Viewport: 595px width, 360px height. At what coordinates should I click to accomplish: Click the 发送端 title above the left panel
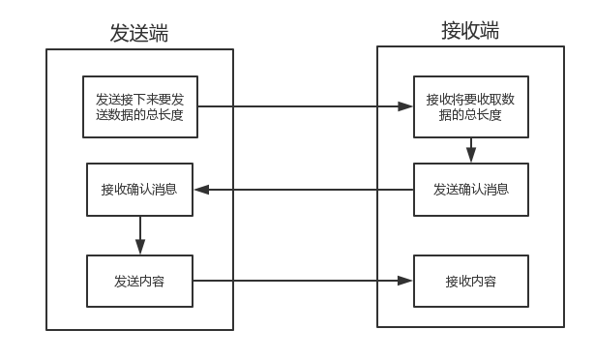(x=139, y=34)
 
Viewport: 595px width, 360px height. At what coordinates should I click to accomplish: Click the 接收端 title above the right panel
(x=470, y=30)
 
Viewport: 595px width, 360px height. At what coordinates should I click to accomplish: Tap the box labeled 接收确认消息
(x=139, y=190)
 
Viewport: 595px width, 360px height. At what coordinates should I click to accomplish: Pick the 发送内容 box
(x=139, y=282)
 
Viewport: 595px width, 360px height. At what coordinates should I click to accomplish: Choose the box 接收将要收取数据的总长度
(x=471, y=106)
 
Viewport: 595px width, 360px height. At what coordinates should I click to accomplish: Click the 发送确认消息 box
(x=471, y=190)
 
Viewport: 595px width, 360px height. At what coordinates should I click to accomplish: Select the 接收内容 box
(x=471, y=282)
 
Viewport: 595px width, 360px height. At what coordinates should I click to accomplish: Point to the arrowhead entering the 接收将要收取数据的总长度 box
(x=406, y=106)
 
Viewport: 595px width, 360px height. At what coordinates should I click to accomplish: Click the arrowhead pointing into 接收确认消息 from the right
(x=200, y=190)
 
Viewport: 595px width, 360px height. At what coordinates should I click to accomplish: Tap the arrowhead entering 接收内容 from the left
(x=406, y=282)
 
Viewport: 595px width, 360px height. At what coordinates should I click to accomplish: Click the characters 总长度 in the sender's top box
(x=179, y=115)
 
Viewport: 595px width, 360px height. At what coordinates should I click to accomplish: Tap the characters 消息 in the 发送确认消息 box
(x=496, y=190)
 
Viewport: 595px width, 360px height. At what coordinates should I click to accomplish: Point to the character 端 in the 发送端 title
(x=159, y=34)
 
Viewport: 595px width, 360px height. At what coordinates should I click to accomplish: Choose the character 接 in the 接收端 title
(x=451, y=30)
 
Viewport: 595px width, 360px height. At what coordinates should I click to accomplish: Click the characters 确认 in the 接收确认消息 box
(x=139, y=190)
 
